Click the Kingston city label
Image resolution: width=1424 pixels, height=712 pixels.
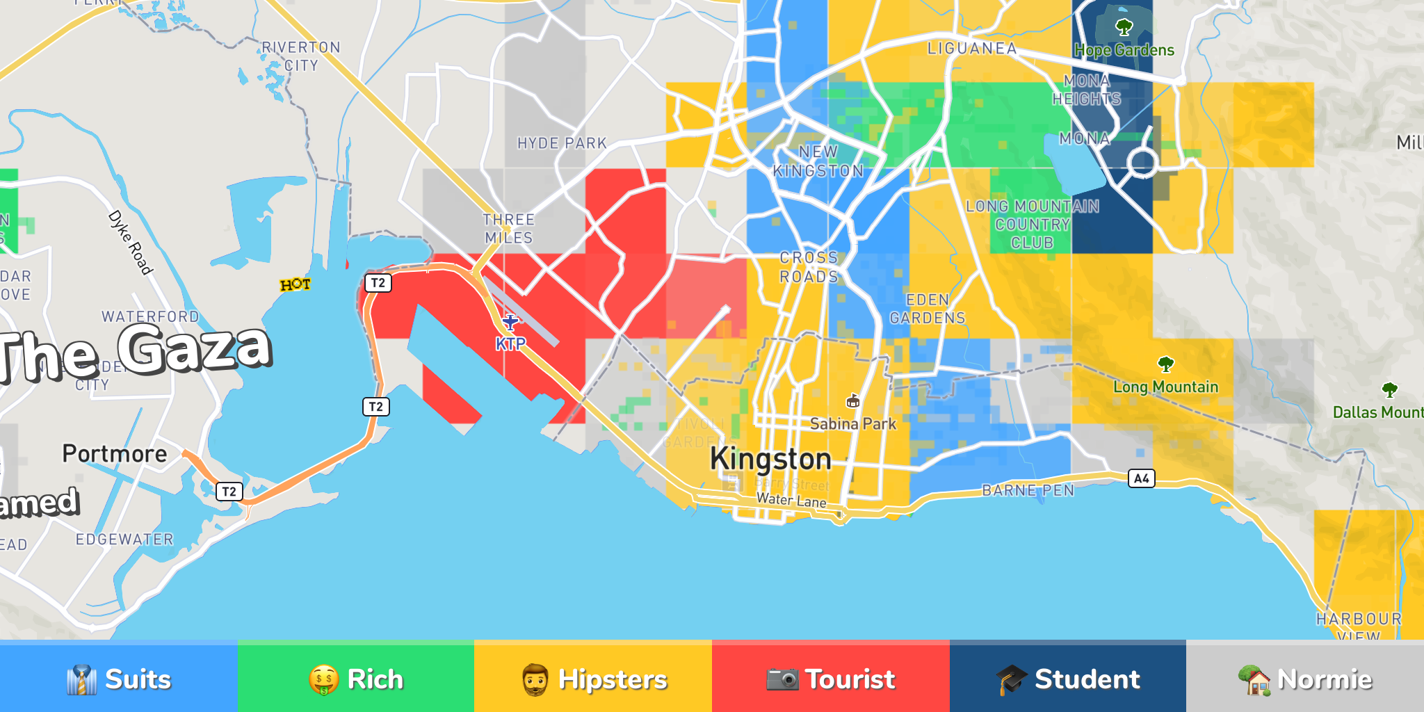[x=770, y=460]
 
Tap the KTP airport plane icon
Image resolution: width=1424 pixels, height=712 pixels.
[x=511, y=323]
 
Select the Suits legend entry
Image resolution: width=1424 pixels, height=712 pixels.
[x=119, y=679]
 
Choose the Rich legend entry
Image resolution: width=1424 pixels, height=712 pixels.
[x=356, y=679]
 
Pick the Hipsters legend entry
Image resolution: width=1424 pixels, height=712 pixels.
[x=593, y=679]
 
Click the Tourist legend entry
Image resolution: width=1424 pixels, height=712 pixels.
[x=830, y=679]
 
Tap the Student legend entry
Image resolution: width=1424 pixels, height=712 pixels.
[x=1068, y=679]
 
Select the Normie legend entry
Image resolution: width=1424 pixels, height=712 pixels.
[x=1305, y=679]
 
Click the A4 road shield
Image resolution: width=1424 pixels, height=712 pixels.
[x=1141, y=478]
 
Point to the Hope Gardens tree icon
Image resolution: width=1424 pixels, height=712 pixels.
[x=1124, y=28]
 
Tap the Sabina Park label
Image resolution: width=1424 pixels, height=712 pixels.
[x=853, y=423]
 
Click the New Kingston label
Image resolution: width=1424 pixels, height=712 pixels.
[x=818, y=161]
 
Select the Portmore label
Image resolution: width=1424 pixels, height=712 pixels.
[x=115, y=454]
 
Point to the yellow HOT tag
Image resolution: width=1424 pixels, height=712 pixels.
[x=296, y=284]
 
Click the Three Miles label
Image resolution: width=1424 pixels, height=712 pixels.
[x=509, y=229]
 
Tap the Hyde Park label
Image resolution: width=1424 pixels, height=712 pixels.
[x=562, y=143]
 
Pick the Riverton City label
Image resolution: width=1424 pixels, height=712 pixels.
[x=301, y=56]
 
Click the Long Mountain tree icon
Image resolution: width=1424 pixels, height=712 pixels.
[x=1166, y=364]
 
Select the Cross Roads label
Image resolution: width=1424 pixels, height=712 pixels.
[x=809, y=267]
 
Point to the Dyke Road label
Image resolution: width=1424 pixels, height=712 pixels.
[x=130, y=242]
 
